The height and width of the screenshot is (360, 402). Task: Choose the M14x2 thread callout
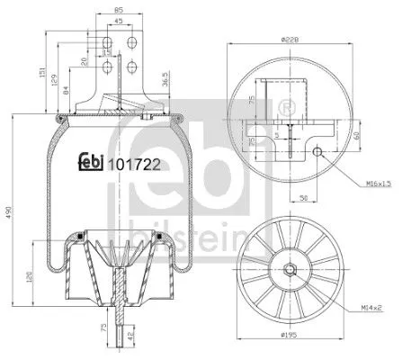tap(373, 308)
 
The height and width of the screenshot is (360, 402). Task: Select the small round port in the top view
tap(319, 150)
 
